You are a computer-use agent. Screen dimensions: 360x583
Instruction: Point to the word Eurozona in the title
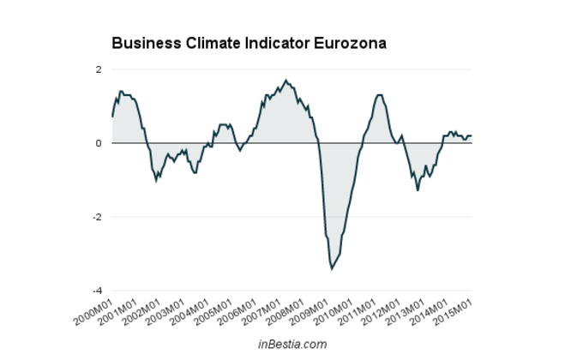(x=353, y=42)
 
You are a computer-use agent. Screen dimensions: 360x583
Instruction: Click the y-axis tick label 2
(x=99, y=69)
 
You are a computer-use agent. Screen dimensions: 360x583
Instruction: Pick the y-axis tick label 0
(x=99, y=143)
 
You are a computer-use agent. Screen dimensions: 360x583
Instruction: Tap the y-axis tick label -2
(x=98, y=217)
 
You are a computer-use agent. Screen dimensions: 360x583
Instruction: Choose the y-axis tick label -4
(x=98, y=291)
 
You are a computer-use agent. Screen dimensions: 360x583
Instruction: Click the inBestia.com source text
(x=292, y=344)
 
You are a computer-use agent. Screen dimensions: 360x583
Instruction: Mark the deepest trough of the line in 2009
(x=332, y=268)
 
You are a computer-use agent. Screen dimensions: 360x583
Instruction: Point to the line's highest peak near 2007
(x=286, y=81)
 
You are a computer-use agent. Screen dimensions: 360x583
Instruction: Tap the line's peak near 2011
(x=379, y=95)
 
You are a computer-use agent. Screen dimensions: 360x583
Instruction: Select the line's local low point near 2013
(x=418, y=189)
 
